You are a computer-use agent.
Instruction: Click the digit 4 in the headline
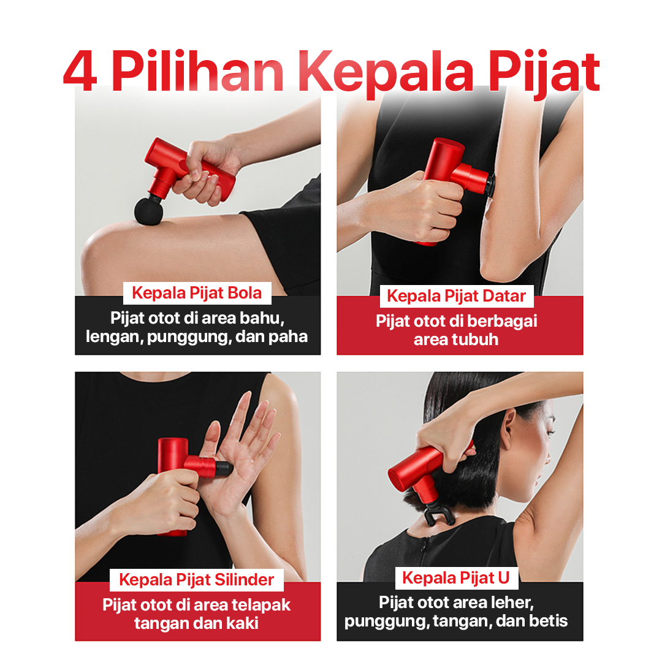[80, 70]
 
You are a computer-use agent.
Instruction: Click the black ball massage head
[148, 210]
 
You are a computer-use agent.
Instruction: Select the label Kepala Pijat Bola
[197, 293]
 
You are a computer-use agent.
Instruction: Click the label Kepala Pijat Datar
[457, 296]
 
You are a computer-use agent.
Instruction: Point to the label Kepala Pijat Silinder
[196, 580]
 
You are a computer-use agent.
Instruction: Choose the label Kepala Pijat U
[456, 578]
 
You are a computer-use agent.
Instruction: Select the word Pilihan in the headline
[197, 70]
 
